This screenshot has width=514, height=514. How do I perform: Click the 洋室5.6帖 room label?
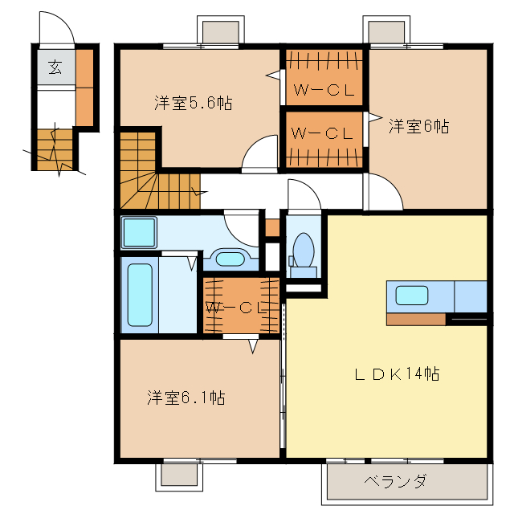(x=194, y=103)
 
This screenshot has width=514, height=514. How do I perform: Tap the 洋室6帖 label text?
(x=418, y=126)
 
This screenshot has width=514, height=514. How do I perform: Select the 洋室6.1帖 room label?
(x=186, y=398)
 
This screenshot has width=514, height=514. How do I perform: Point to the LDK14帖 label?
(x=397, y=373)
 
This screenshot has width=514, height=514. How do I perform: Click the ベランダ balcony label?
(x=394, y=482)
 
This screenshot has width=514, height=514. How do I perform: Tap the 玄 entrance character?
(x=55, y=67)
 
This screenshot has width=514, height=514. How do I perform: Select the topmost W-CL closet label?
(x=323, y=91)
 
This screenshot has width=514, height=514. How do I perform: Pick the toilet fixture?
(x=304, y=250)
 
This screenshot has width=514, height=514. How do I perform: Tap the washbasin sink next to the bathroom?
(x=230, y=259)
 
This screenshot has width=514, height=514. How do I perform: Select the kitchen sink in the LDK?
(x=411, y=296)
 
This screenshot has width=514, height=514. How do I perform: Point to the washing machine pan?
(x=141, y=232)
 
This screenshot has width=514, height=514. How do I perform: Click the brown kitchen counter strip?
(x=415, y=319)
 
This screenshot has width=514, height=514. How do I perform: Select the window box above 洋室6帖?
(x=388, y=31)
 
